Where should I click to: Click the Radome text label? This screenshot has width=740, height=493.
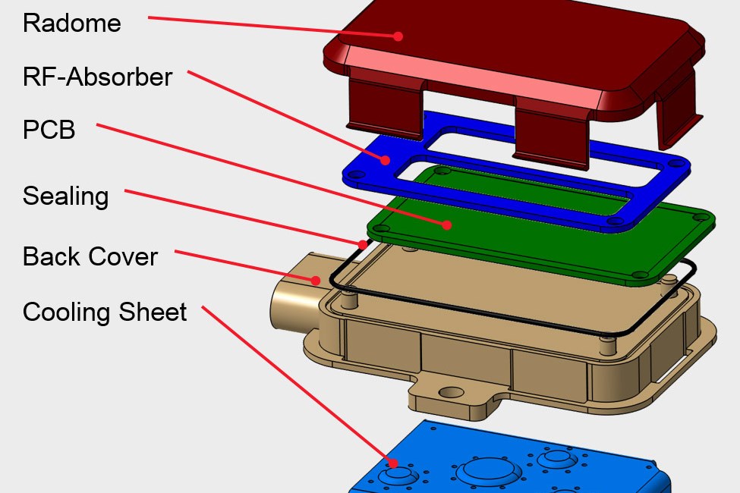(71, 23)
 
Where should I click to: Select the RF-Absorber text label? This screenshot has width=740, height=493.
(97, 77)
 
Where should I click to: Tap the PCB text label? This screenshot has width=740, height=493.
(49, 130)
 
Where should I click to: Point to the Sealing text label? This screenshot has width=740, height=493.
(65, 196)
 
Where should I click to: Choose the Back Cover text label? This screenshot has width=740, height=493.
(90, 256)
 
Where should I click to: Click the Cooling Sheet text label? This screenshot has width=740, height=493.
(104, 312)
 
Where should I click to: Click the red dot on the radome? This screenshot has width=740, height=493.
(397, 36)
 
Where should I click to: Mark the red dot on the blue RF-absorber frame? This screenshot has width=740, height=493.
(386, 159)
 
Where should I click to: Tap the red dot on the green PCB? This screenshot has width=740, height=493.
(448, 225)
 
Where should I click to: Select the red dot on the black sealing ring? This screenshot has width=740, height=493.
(363, 244)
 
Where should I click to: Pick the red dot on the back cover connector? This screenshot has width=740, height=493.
(316, 279)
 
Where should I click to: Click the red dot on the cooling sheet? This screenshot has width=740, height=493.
(393, 463)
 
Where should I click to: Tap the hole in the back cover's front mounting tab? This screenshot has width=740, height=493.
(452, 393)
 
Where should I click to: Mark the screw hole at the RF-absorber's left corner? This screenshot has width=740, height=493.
(351, 174)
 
